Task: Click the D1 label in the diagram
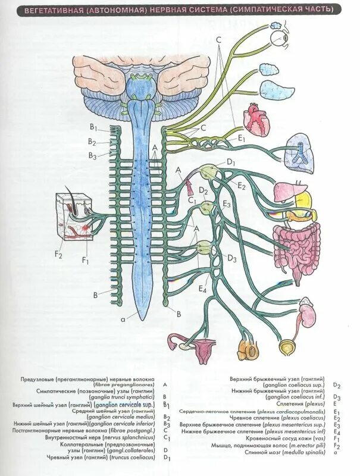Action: point(231,162)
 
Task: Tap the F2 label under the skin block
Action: point(58,255)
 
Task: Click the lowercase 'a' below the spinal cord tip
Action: point(123,320)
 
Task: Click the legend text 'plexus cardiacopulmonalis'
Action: point(295,412)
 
